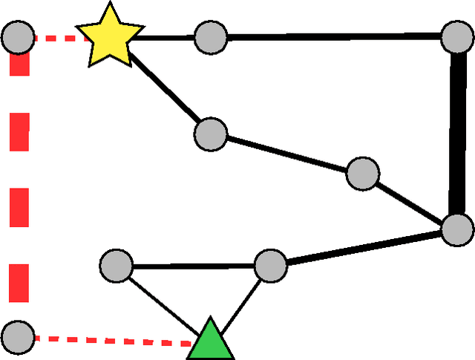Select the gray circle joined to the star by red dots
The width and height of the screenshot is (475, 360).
(18, 36)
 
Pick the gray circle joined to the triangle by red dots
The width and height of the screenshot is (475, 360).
(18, 337)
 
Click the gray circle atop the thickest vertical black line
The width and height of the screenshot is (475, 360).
(456, 37)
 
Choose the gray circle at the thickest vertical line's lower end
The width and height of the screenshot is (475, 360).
(456, 229)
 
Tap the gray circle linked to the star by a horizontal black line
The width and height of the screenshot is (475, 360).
(211, 37)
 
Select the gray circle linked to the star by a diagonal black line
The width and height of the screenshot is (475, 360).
(211, 134)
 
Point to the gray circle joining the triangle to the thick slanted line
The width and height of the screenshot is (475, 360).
(270, 264)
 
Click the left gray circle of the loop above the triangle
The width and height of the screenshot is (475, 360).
(117, 265)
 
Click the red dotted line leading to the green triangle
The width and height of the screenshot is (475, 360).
(111, 341)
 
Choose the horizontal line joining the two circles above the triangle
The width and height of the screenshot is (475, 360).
(193, 265)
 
